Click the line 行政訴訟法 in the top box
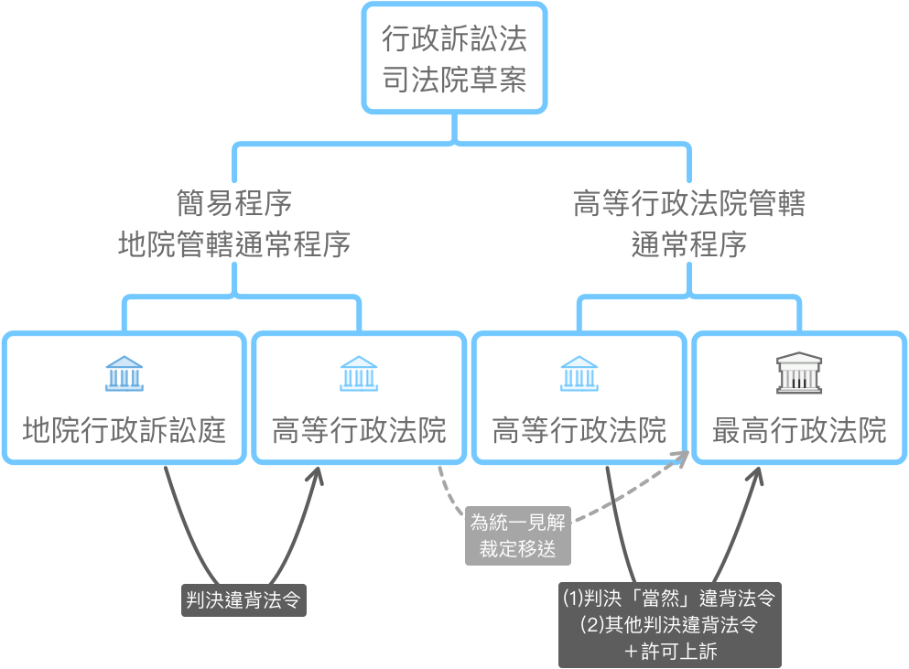point(454,41)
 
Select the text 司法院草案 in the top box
point(454,81)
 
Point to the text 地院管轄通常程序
point(234,244)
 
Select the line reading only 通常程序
point(688,244)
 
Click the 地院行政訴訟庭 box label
point(124,429)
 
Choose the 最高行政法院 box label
point(799,429)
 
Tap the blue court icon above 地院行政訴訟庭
point(124,373)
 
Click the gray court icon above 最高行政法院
point(799,373)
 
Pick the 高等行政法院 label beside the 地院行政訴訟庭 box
point(359,429)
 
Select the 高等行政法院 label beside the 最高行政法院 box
point(579,429)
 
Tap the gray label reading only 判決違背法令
point(243,600)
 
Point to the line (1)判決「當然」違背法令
point(669,599)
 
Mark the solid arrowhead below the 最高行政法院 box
point(759,475)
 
